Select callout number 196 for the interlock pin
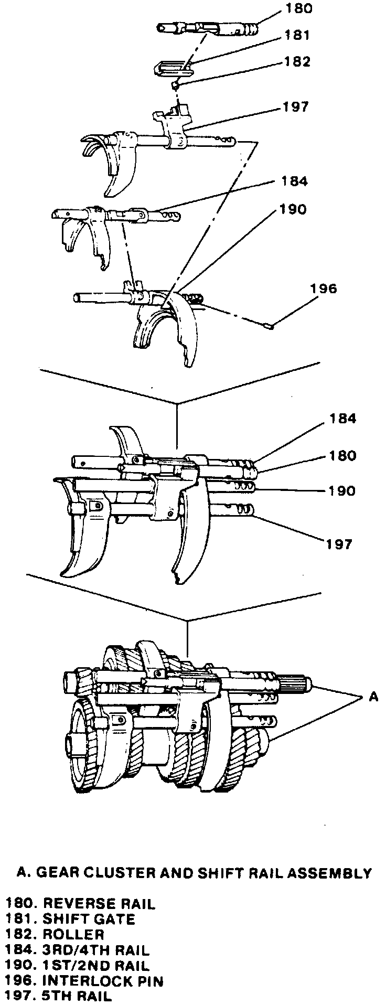click(x=324, y=288)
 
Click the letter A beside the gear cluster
click(x=373, y=697)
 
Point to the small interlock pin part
click(x=271, y=326)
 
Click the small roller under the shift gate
click(x=178, y=84)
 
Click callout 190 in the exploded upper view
click(x=292, y=209)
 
